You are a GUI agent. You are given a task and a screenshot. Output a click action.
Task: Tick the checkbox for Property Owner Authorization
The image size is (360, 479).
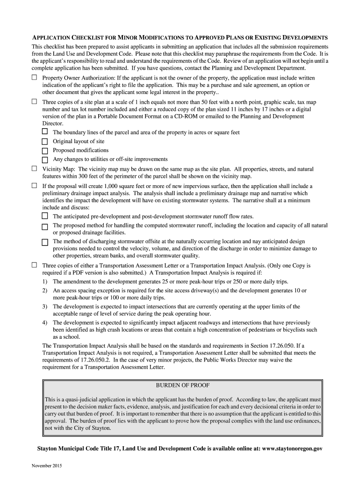pos(34,77)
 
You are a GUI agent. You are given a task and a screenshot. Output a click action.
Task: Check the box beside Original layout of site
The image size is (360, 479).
pos(45,141)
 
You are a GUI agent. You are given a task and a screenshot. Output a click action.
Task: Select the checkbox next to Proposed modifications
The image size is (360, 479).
pos(45,151)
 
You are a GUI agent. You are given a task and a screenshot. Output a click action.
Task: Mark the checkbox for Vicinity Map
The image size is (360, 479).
pos(34,168)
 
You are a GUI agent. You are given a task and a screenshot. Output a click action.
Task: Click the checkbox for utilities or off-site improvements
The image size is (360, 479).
pos(45,160)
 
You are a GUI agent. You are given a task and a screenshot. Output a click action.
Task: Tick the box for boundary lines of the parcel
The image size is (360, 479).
pos(45,132)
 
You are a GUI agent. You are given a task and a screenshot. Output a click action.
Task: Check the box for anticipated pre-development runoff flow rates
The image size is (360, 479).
pos(45,216)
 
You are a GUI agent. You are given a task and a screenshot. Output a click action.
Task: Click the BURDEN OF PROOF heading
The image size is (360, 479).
pos(182,385)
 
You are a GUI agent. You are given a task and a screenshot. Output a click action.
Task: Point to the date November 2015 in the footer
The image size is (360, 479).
pos(47,466)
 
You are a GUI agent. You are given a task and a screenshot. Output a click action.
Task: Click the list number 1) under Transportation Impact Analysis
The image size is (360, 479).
pos(45,282)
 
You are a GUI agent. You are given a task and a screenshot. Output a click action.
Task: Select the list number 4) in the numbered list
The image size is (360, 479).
pos(45,323)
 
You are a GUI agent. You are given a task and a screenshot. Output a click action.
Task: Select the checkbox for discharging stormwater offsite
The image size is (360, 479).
pos(45,242)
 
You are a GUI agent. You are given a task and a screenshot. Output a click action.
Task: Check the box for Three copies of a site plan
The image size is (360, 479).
pos(34,102)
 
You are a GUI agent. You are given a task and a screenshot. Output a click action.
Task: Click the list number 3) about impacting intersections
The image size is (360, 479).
pos(45,306)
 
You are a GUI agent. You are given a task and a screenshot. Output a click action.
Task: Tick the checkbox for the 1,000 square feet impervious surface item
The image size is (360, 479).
pos(34,186)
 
